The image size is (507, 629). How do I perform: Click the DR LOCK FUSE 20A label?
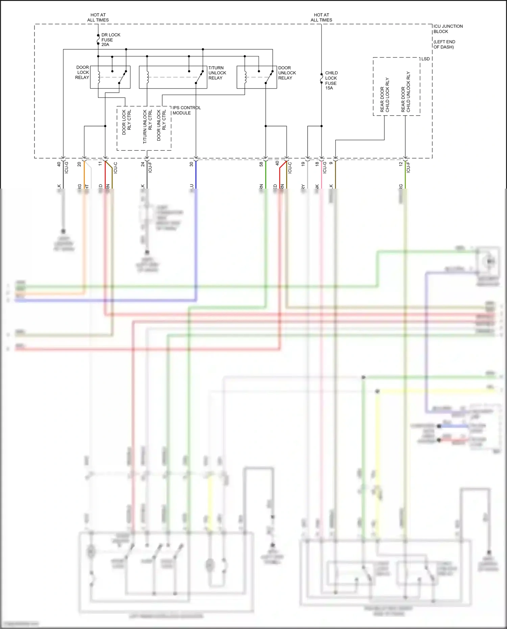coord(110,40)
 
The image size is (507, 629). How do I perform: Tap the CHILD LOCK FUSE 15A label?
coord(331,80)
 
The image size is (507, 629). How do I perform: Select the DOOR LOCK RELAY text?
coord(82,72)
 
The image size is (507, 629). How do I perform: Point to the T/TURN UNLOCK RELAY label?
coord(217,73)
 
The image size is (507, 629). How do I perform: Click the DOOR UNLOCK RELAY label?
coord(287,73)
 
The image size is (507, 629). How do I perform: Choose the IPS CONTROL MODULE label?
coord(186,110)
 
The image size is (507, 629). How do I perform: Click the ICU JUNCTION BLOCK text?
coord(448,29)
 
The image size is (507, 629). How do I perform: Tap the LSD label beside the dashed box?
coord(425,59)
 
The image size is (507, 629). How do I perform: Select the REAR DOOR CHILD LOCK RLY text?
coord(385,95)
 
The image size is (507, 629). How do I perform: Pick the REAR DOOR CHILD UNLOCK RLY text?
coord(406,92)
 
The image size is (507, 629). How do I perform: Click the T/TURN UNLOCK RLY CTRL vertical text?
coord(147,126)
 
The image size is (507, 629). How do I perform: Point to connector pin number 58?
coord(261,164)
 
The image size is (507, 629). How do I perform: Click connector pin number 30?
coord(191,164)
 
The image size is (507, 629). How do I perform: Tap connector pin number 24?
coord(143,164)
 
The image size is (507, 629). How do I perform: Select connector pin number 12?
coord(401,164)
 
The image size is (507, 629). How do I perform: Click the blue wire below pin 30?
coord(196,176)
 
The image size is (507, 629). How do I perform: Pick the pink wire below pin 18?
coord(321,179)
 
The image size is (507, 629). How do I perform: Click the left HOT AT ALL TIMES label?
coord(98,17)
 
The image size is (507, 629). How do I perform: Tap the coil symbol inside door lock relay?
coord(99,77)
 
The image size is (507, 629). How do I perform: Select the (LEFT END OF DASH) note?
coord(444,44)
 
